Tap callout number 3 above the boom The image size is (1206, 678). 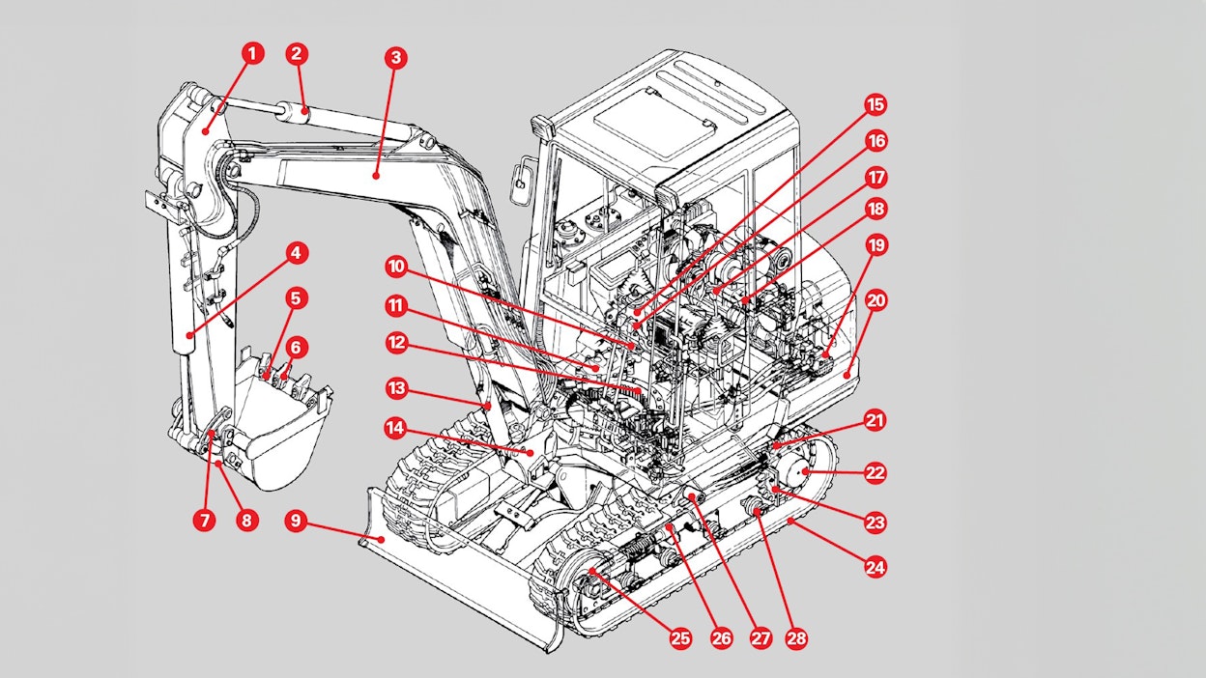click(393, 57)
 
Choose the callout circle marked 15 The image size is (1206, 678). click(876, 104)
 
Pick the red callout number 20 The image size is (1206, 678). click(876, 300)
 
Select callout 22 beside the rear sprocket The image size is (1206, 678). click(876, 472)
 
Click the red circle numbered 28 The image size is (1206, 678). click(796, 638)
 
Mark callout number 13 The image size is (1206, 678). click(395, 388)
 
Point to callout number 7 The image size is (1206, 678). click(204, 520)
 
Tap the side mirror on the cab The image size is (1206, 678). click(522, 178)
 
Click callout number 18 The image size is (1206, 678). click(876, 209)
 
